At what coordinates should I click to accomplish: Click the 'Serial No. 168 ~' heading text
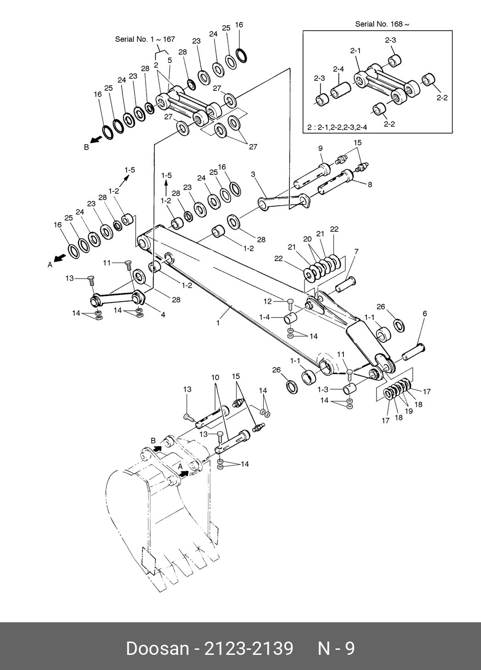pyautogui.click(x=382, y=24)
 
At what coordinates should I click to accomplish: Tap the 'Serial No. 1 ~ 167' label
pyautogui.click(x=145, y=39)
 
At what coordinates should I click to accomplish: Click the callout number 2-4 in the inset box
pyautogui.click(x=338, y=69)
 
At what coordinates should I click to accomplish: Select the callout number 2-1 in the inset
pyautogui.click(x=355, y=51)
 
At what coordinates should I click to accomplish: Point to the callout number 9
pyautogui.click(x=321, y=148)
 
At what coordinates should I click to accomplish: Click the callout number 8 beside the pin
pyautogui.click(x=370, y=184)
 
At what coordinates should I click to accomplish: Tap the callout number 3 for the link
pyautogui.click(x=253, y=174)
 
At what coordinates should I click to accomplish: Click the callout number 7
pyautogui.click(x=356, y=251)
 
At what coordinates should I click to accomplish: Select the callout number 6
pyautogui.click(x=425, y=313)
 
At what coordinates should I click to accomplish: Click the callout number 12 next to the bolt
pyautogui.click(x=268, y=301)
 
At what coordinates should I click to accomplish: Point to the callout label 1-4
pyautogui.click(x=265, y=317)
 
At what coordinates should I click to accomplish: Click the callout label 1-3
pyautogui.click(x=323, y=390)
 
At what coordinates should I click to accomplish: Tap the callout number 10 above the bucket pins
pyautogui.click(x=215, y=378)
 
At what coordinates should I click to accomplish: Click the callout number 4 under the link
pyautogui.click(x=163, y=315)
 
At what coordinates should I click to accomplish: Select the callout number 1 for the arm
pyautogui.click(x=218, y=323)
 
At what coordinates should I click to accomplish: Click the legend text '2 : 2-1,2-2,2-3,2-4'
pyautogui.click(x=337, y=128)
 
